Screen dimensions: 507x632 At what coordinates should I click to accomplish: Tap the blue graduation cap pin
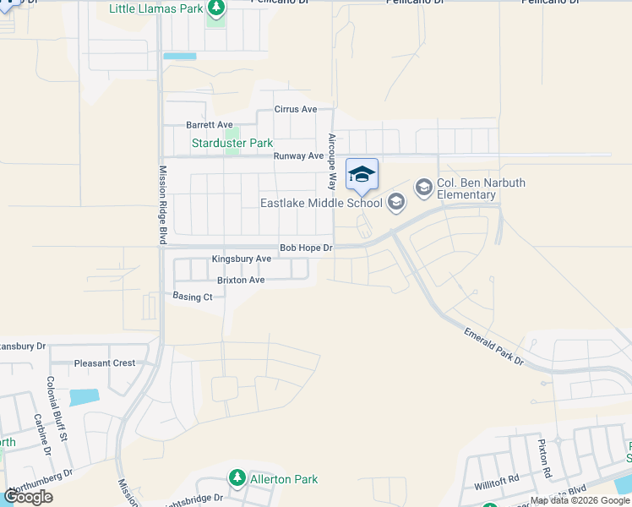point(362,175)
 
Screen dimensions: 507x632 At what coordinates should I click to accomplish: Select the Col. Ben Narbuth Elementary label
point(466,189)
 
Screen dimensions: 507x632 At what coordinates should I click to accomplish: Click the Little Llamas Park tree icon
point(217,9)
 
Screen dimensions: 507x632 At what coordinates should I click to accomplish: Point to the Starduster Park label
point(232,144)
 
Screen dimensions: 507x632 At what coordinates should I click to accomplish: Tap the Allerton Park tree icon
point(237,479)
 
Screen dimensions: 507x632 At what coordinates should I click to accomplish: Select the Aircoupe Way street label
point(332,161)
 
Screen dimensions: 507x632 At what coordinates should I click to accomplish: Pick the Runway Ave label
point(298,156)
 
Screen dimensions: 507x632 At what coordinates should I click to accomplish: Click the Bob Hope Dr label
point(307,248)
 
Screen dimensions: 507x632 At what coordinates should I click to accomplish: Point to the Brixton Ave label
point(241,280)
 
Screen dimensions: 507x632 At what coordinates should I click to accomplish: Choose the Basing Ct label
point(193,297)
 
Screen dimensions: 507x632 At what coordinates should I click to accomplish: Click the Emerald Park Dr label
point(494,346)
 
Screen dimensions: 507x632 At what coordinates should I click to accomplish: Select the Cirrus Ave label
point(296,109)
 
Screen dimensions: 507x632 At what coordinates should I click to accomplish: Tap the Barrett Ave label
point(209,125)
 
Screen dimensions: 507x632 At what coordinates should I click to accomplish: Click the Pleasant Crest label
point(105,363)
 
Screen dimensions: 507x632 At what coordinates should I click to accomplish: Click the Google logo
point(28,497)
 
